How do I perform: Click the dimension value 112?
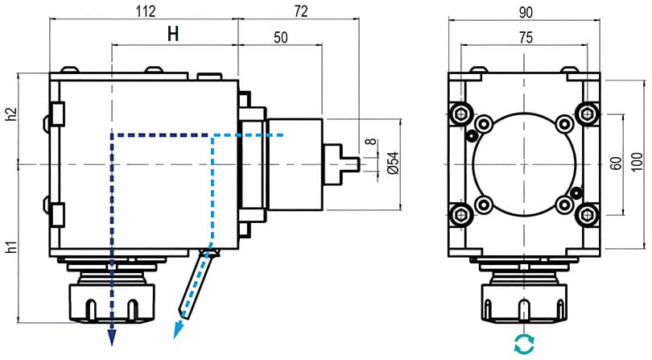point(146,11)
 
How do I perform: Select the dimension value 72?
point(301,11)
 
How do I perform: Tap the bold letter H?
point(173,34)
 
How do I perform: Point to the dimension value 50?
point(281,38)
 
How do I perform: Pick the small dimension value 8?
point(371,141)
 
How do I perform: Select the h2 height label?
point(12,114)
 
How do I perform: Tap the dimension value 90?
point(526,13)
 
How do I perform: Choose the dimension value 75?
point(526,38)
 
